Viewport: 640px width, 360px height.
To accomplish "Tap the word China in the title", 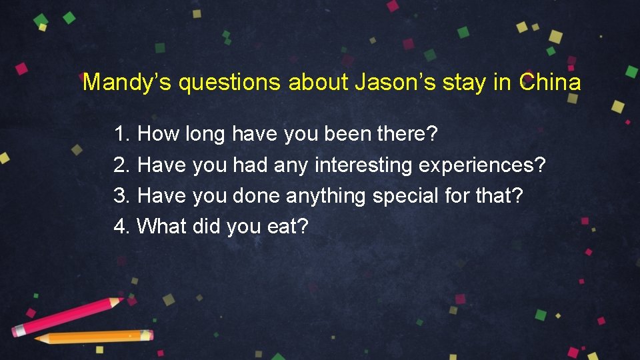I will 550,83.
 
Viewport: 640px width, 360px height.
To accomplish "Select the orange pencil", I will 93,337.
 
